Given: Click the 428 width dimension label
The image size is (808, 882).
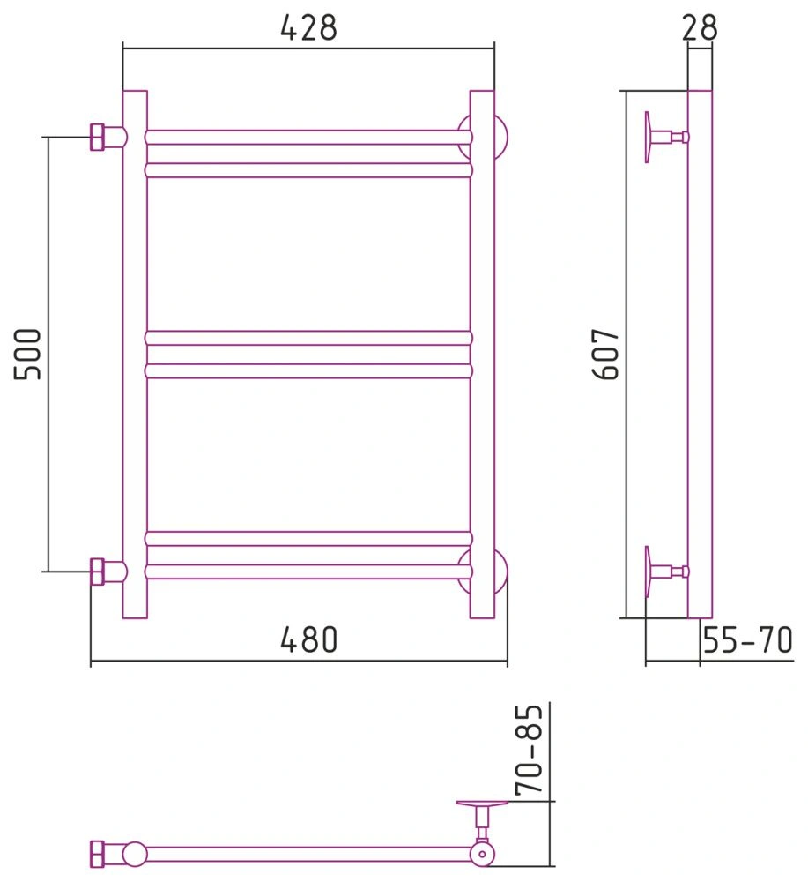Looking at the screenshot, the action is click(308, 27).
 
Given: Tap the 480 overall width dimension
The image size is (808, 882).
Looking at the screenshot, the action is click(309, 639).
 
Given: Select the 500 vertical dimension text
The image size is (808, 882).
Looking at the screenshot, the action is click(27, 355).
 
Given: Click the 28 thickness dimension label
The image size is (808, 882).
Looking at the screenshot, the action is click(700, 27).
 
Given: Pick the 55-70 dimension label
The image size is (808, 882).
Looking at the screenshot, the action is click(747, 639).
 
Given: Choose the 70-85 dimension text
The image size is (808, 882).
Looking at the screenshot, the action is click(530, 749).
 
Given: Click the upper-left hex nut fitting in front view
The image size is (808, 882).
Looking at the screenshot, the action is click(97, 137).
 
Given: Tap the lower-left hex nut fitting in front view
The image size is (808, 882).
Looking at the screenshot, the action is click(97, 572).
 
